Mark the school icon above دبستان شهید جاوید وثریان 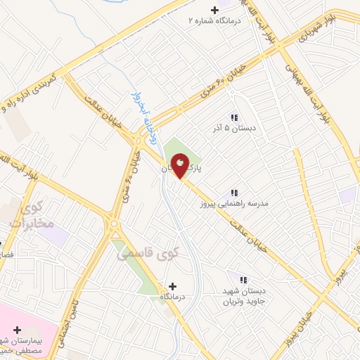243,281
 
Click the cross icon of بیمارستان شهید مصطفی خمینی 18,330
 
